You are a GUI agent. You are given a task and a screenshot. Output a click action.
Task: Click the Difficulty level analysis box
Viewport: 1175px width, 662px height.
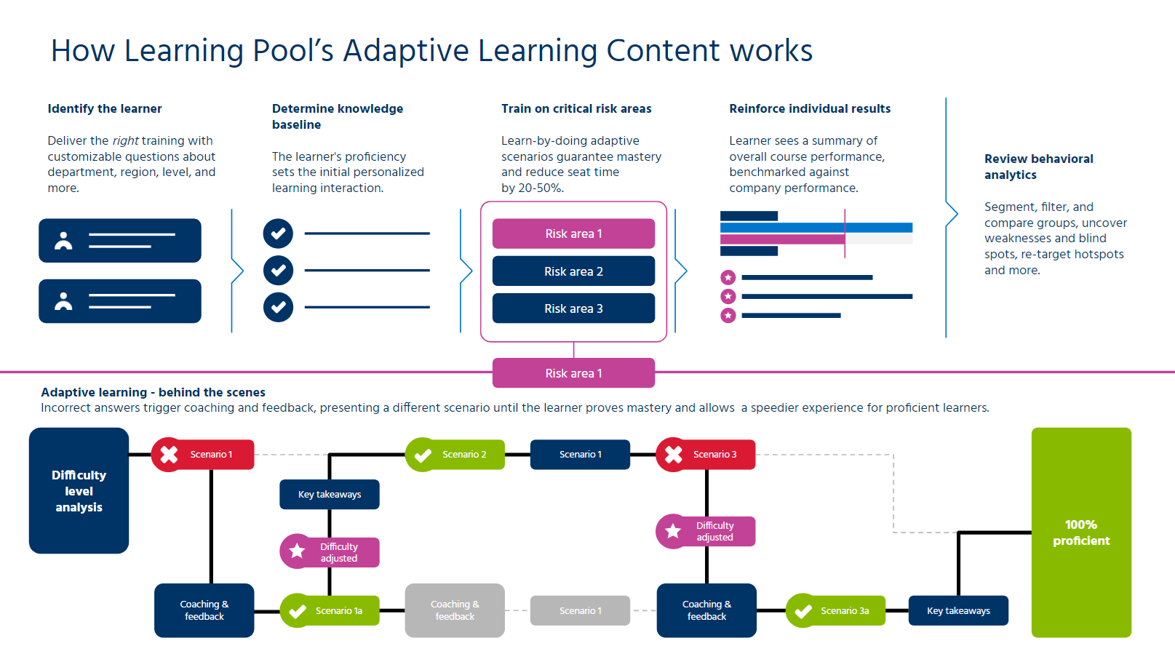[x=79, y=490]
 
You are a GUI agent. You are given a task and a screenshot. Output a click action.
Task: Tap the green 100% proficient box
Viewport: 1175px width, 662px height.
[x=1081, y=533]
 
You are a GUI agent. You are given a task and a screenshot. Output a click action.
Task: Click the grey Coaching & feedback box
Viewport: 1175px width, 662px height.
[x=455, y=610]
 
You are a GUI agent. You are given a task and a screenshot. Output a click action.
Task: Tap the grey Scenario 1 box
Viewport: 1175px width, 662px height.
[x=580, y=611]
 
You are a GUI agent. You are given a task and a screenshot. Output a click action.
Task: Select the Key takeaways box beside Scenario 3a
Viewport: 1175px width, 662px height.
[x=958, y=611]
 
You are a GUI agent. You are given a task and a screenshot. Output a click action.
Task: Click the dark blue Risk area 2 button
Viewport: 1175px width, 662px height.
[x=573, y=271]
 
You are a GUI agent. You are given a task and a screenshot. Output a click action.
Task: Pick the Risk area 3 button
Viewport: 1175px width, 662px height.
[x=573, y=308]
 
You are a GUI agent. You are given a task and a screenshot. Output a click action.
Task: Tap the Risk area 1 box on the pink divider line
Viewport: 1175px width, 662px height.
[x=573, y=373]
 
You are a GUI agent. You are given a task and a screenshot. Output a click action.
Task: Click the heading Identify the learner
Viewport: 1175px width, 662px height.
[x=105, y=108]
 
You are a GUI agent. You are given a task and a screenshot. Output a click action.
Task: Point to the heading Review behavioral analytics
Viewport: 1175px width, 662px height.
[x=1038, y=167]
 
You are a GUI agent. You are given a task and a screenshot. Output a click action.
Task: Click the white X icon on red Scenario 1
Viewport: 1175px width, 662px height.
[x=169, y=455]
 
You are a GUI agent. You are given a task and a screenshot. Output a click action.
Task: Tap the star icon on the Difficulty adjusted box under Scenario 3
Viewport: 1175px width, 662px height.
[x=673, y=531]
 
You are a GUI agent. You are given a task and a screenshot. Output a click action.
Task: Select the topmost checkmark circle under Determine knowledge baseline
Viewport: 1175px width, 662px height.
[x=278, y=234]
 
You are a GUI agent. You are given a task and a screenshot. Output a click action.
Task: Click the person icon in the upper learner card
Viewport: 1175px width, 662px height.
[x=64, y=241]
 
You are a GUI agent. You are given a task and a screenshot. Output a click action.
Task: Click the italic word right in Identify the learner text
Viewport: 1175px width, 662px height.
[x=125, y=140]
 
